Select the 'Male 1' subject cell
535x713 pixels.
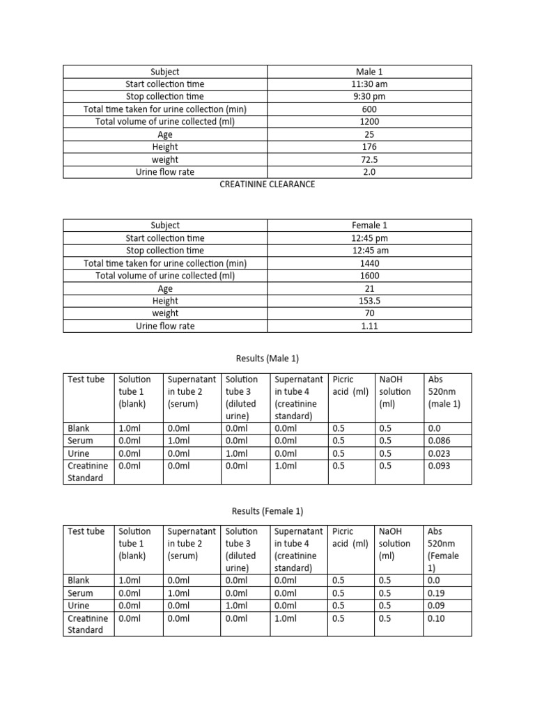tap(369, 72)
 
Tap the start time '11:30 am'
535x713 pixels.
tap(369, 84)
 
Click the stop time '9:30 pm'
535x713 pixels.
tap(369, 97)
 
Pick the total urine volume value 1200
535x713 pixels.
tap(369, 122)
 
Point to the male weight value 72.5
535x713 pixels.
tap(369, 159)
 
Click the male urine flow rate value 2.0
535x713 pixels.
tap(369, 172)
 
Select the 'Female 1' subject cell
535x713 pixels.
tap(369, 226)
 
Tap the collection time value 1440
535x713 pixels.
tap(369, 263)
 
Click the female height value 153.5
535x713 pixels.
tap(369, 301)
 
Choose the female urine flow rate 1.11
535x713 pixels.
tap(369, 326)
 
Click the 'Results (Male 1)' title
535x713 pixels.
tap(267, 359)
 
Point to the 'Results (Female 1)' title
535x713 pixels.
tap(267, 511)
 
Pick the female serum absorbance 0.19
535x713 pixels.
tap(437, 593)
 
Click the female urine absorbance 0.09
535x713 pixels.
tap(437, 606)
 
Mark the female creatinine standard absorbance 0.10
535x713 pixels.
tap(437, 618)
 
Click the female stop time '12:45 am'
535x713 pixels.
tap(369, 251)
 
